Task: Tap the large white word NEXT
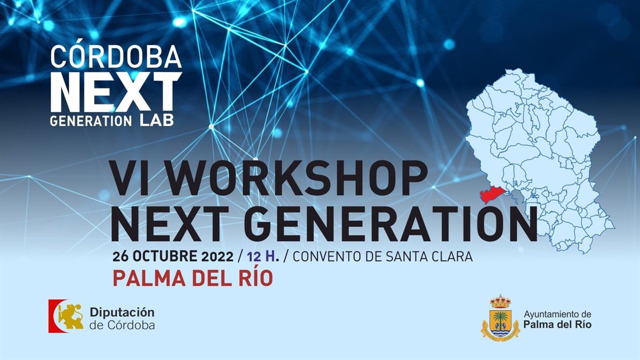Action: [116, 92]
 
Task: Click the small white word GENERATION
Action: [91, 121]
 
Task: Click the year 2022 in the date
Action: [218, 257]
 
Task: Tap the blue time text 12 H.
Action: [263, 257]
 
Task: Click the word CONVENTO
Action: [327, 257]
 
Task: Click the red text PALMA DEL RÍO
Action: [193, 278]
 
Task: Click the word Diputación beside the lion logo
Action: [122, 313]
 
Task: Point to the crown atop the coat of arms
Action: [500, 301]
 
